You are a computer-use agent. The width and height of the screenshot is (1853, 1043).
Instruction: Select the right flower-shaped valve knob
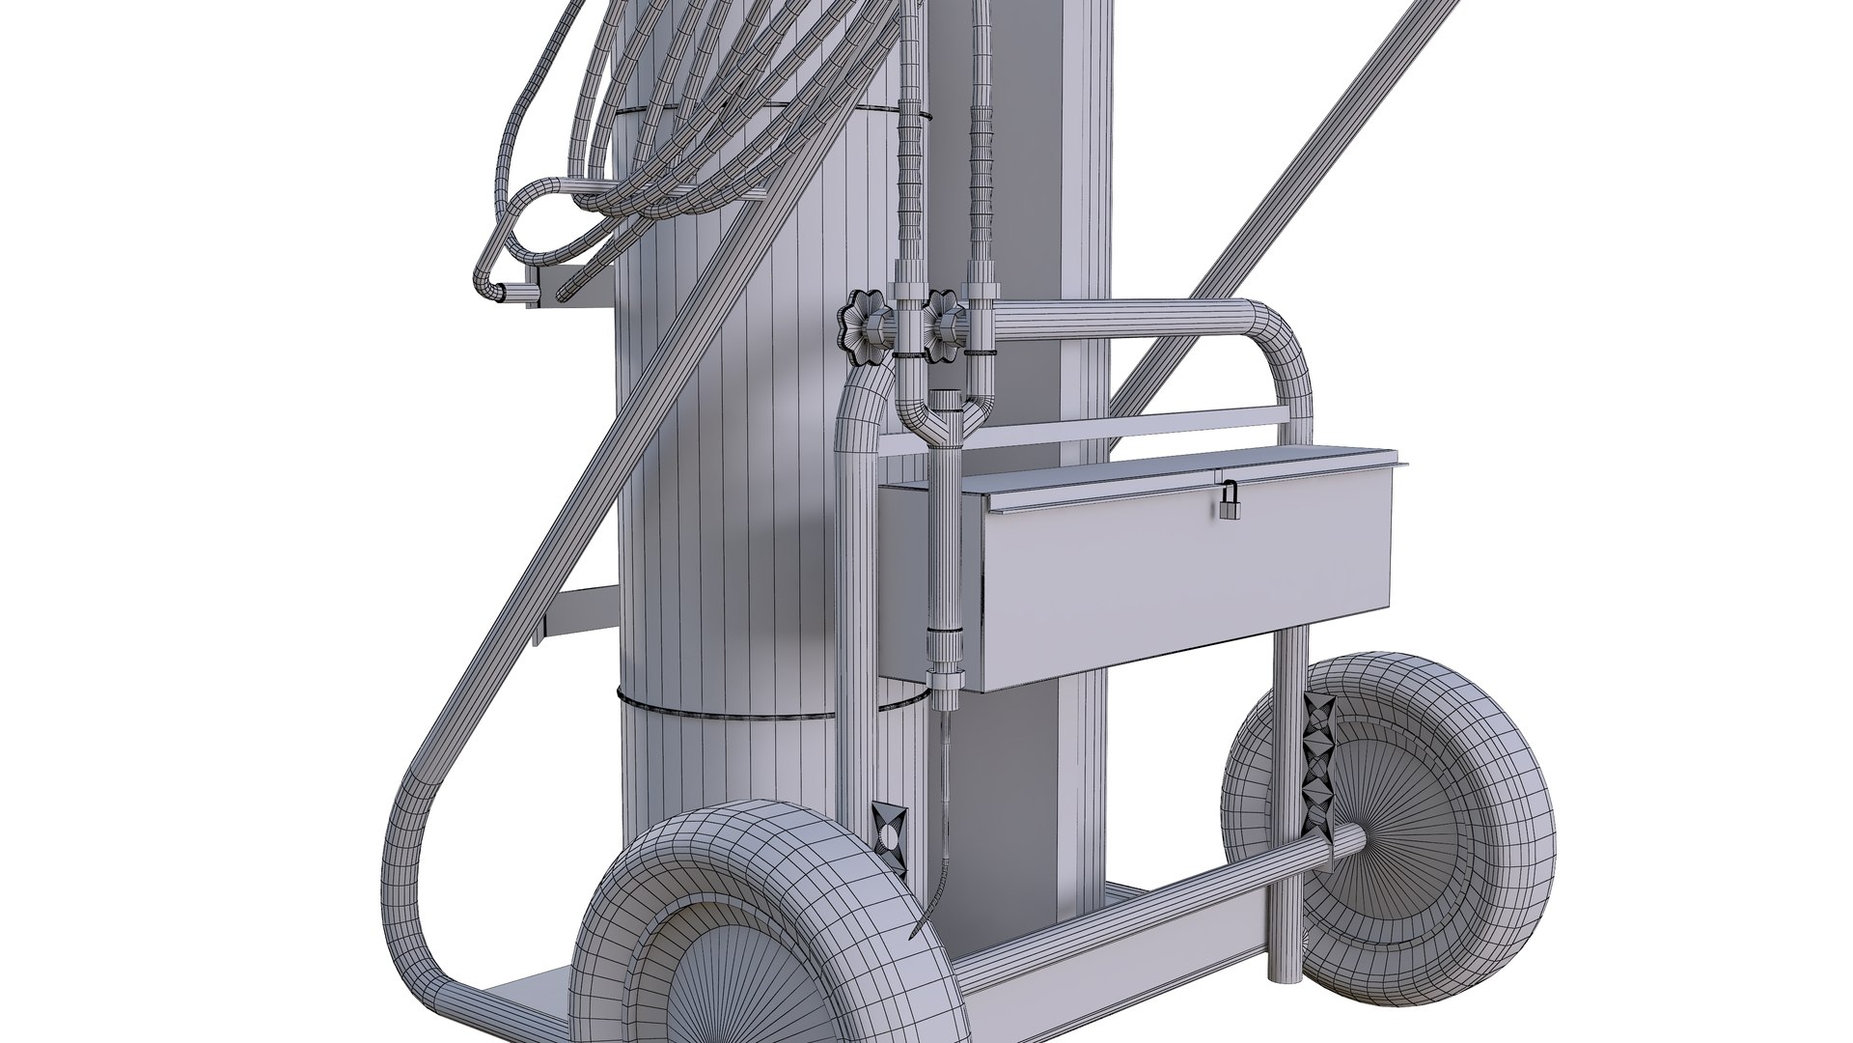coord(944,331)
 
